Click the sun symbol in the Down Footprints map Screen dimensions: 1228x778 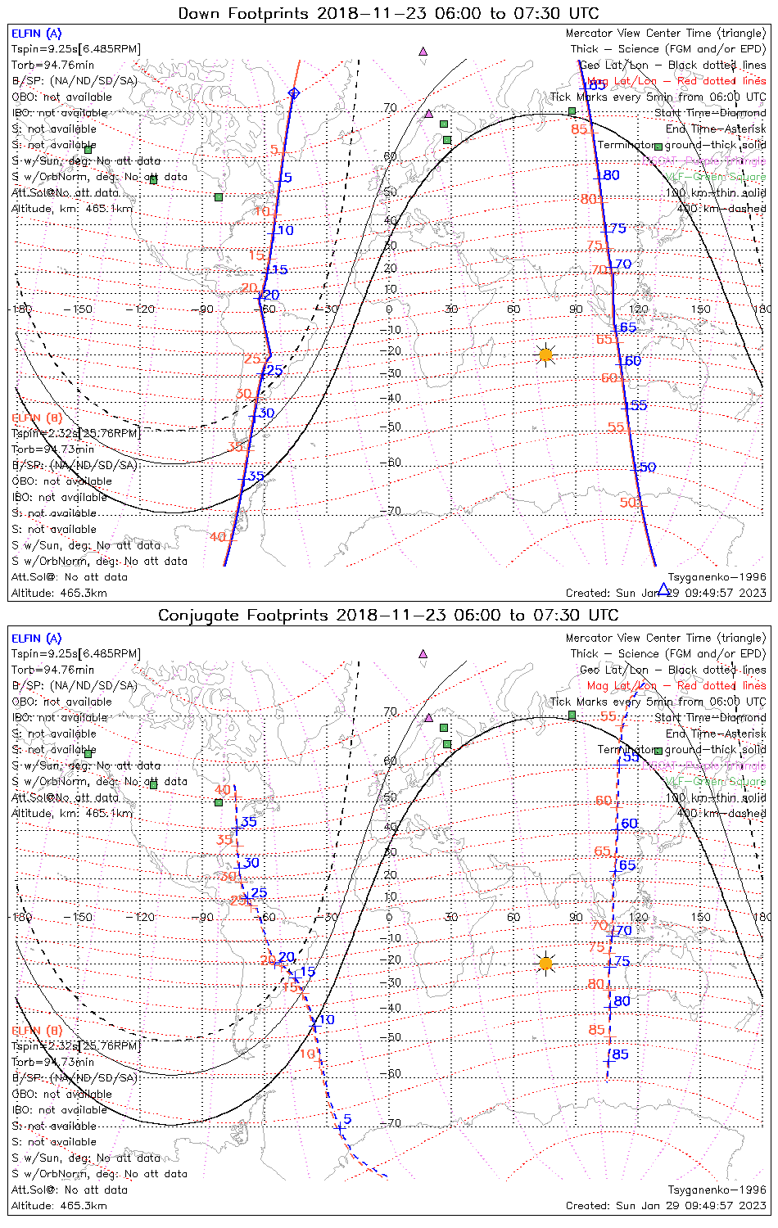[546, 355]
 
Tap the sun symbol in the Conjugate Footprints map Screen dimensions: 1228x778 [546, 964]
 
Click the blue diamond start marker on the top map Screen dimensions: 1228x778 [294, 93]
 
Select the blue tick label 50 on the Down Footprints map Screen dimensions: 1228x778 [648, 467]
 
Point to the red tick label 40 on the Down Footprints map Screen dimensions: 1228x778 [217, 537]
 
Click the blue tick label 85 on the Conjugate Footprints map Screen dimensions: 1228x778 [620, 1054]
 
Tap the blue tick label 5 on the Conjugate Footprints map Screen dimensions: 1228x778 [347, 1119]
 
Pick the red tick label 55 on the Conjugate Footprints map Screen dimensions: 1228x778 [608, 716]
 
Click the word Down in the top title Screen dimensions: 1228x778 [200, 13]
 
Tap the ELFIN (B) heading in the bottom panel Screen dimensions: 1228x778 [36, 1030]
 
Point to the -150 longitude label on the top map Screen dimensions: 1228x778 [83, 309]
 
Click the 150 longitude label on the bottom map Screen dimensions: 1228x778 [701, 917]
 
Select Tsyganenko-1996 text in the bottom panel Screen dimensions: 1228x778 [717, 1190]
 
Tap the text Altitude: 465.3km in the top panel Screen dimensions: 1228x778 [59, 593]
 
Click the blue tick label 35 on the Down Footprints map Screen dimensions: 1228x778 [256, 476]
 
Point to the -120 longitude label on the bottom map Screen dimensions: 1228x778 [145, 917]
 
